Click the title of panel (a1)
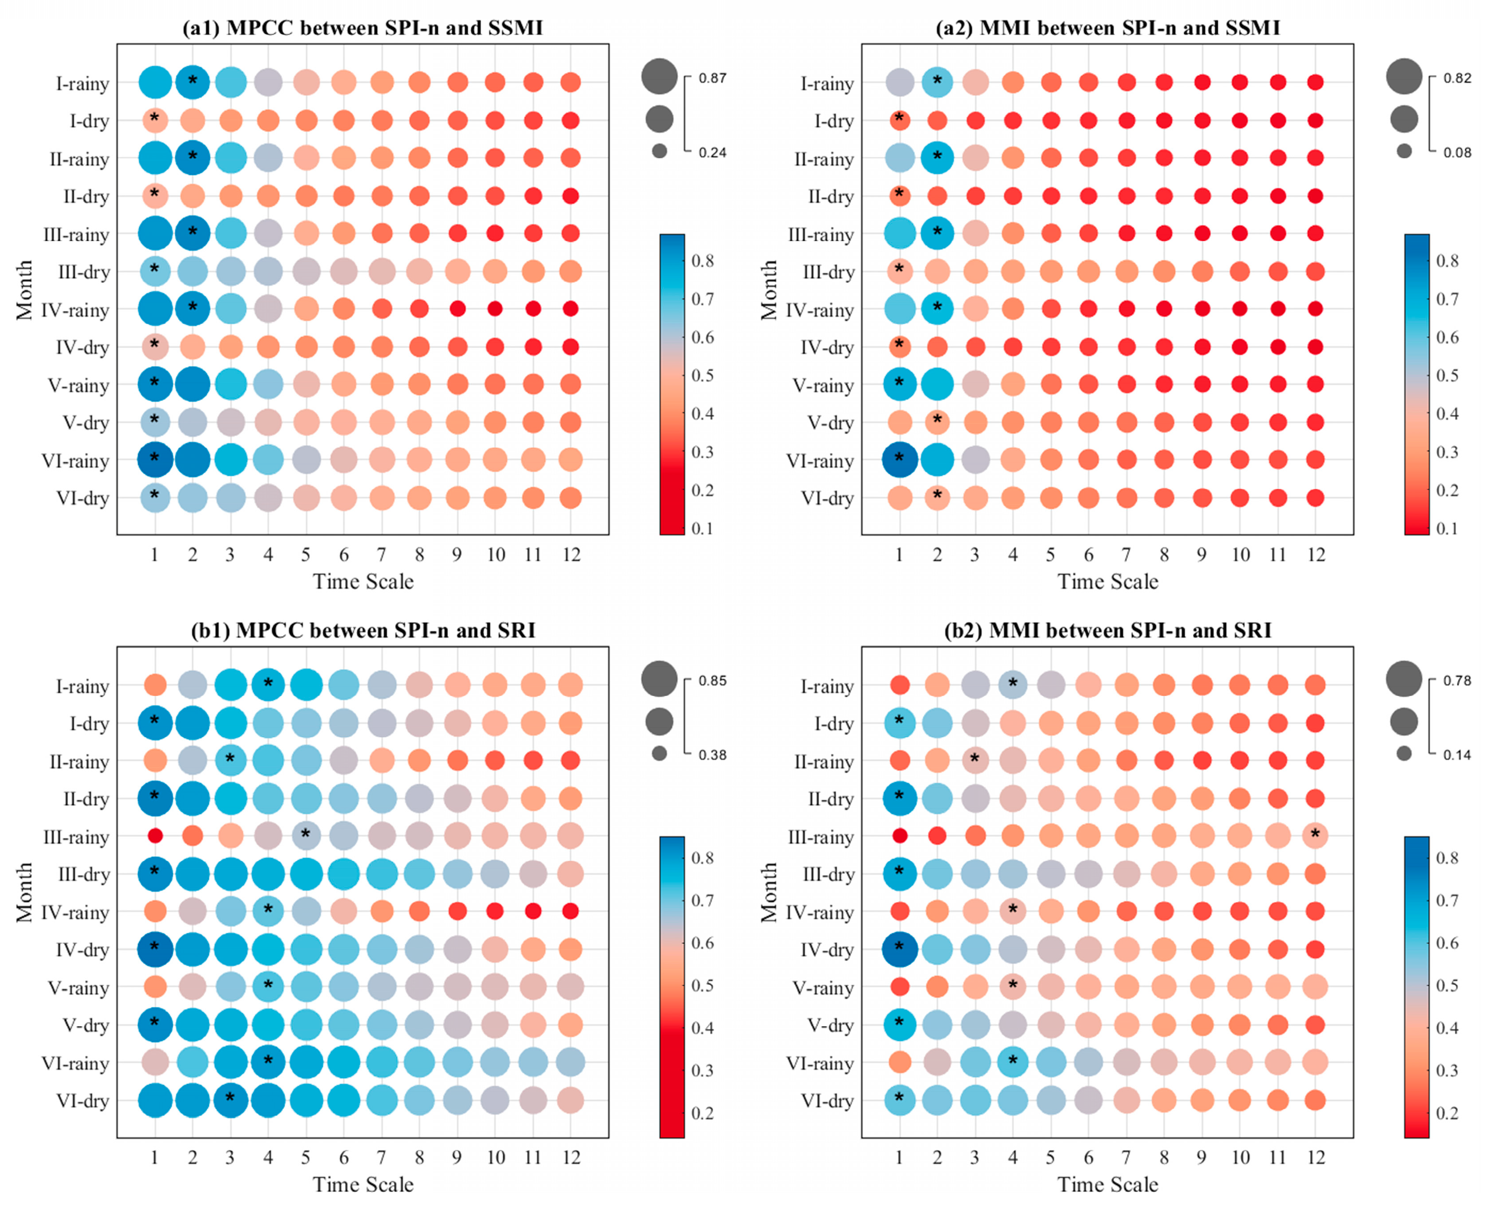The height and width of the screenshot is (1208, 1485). click(362, 28)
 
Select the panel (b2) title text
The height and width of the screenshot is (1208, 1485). click(1107, 630)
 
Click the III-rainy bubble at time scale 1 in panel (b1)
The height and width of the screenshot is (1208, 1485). click(154, 835)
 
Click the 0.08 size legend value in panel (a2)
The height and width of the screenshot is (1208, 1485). click(1457, 153)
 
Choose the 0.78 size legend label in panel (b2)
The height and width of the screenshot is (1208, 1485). click(1457, 681)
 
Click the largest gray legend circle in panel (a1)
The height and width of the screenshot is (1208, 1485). click(659, 76)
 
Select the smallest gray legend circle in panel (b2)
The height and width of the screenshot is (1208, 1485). click(1404, 753)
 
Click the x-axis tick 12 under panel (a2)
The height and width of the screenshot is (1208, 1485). click(1315, 554)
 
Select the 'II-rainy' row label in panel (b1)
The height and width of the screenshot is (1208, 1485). click(79, 762)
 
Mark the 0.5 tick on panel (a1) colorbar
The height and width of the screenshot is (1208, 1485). click(703, 375)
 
